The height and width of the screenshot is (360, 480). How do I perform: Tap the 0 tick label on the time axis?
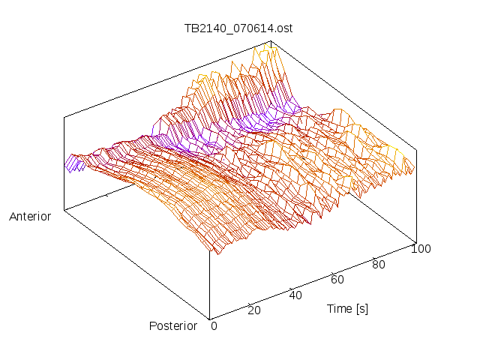pos(214,325)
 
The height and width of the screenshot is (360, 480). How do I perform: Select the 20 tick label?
pos(253,310)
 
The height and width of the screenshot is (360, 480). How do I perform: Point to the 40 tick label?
pos(295,295)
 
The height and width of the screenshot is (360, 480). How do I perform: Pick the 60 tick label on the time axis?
pos(337,280)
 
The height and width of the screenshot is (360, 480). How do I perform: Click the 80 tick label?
pos(379,264)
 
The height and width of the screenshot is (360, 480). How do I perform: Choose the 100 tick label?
pos(421,249)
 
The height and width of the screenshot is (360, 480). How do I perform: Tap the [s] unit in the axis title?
pos(361,308)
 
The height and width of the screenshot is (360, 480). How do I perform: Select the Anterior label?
pos(30,217)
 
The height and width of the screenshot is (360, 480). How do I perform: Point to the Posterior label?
pos(173,325)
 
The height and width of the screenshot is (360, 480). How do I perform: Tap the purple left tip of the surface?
pos(71,163)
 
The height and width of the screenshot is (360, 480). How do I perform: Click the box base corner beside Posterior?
pos(209,319)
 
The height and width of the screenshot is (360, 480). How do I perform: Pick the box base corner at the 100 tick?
pos(415,242)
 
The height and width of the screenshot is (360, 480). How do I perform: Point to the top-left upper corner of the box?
pos(64,117)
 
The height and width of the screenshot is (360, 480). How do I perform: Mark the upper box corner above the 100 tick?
pos(415,148)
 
